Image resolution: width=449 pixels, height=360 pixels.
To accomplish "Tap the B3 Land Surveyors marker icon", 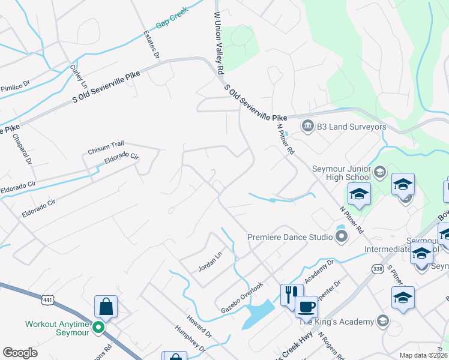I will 308,125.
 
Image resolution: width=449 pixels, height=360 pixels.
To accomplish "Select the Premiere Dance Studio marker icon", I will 342,237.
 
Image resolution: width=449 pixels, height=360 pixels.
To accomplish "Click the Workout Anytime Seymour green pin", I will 100,328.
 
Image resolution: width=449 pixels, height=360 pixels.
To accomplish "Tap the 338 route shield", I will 378,269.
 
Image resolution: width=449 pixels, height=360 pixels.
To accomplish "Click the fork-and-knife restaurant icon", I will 292,294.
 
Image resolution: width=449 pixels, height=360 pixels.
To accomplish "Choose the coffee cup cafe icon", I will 306,307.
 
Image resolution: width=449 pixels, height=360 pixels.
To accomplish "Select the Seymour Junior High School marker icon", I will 379,173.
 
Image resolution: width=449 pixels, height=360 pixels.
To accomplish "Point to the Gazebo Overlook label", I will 243,293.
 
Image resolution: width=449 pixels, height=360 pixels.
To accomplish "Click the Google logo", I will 20,353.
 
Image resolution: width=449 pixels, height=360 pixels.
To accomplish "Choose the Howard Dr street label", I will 198,323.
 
